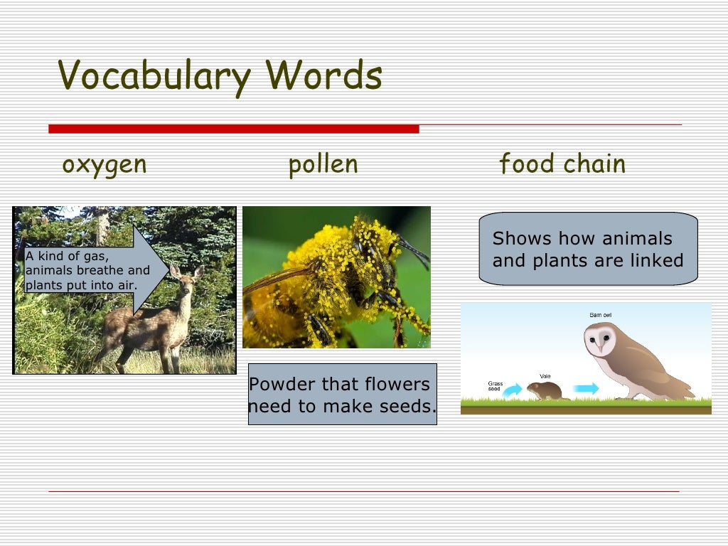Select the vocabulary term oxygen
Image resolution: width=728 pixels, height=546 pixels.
105,165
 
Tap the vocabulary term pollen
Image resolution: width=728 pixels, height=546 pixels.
323,165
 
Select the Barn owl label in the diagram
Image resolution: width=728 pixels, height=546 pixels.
601,315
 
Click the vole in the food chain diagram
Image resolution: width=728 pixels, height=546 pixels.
546,390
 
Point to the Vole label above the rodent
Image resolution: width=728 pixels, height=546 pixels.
545,376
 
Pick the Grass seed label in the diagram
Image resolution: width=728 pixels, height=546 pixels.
496,387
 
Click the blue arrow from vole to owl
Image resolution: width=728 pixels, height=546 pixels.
587,388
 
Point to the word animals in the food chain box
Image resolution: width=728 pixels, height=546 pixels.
628,239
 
